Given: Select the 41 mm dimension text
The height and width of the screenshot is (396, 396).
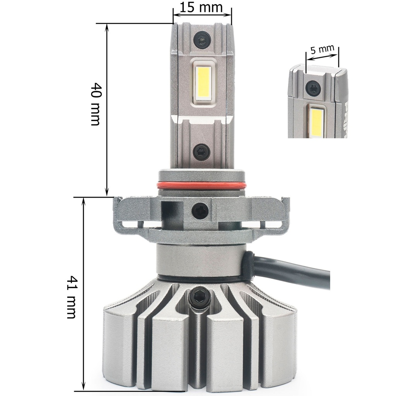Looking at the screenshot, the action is [71, 297].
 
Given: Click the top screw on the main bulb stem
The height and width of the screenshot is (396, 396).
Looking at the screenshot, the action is [202, 40].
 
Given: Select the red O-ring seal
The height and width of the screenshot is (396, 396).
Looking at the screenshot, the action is [201, 185].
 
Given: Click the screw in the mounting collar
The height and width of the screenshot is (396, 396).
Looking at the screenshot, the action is [200, 210].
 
